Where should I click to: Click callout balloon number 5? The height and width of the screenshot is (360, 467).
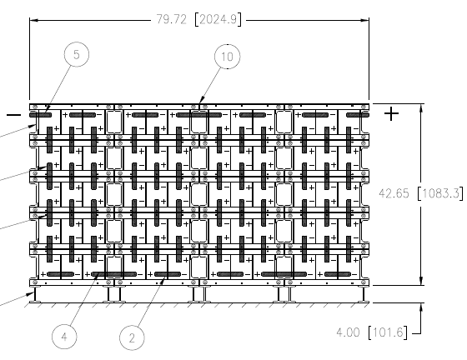point(77,54)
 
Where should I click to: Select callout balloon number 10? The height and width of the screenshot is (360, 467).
point(227,57)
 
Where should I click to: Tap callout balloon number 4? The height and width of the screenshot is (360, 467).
point(64,337)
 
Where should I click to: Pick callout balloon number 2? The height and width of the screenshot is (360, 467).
point(132,338)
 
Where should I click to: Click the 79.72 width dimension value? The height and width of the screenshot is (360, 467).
point(171,20)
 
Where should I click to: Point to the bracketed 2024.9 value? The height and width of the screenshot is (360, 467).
point(218,20)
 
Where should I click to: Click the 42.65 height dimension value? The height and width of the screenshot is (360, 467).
point(394,193)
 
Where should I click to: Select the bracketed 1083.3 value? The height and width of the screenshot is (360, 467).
point(441,193)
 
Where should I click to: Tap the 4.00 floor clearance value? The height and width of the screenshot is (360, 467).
point(348,332)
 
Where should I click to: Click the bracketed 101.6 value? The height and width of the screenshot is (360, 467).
point(388,332)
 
